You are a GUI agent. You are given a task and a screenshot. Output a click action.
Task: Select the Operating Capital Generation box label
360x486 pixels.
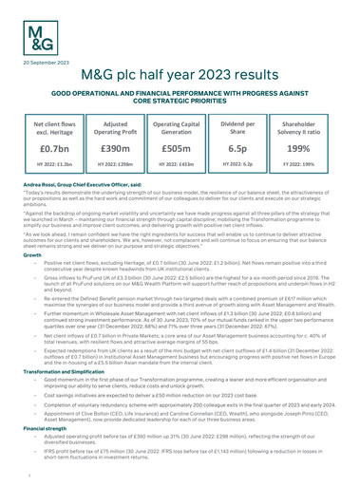pyautogui.click(x=180, y=129)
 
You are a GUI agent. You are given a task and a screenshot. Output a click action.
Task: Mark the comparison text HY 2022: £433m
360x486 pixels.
pyautogui.click(x=180, y=168)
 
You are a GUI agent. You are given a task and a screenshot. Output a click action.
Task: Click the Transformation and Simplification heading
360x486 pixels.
pyautogui.click(x=59, y=369)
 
